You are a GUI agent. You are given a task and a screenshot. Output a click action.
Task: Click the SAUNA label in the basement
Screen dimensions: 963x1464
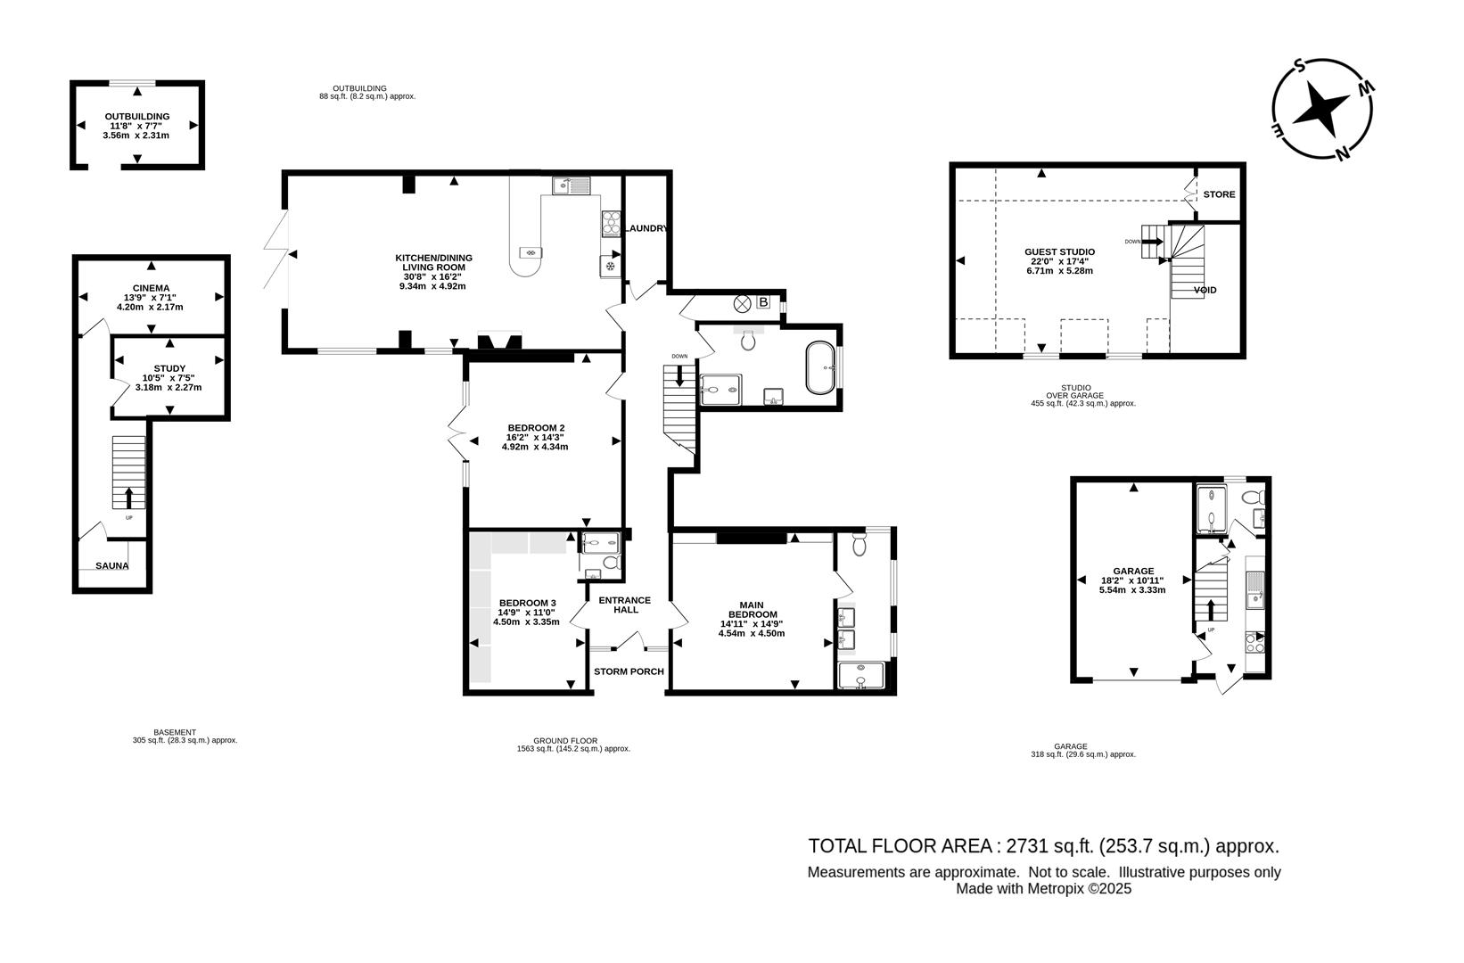[x=112, y=565]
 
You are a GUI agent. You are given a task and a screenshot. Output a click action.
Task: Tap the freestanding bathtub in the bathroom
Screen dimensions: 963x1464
[x=821, y=366]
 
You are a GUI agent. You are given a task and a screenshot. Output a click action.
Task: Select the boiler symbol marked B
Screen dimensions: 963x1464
[x=763, y=302]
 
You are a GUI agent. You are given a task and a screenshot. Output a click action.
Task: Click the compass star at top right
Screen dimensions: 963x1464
[x=1321, y=110]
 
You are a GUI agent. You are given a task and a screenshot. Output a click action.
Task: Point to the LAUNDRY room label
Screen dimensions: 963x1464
[x=646, y=228]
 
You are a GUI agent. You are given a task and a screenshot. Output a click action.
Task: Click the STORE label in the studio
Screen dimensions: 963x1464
[x=1219, y=194]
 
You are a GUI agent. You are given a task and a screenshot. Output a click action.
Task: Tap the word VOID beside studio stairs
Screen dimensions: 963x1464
[x=1205, y=290]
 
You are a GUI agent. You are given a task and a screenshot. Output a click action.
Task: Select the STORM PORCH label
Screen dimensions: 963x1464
[x=629, y=671]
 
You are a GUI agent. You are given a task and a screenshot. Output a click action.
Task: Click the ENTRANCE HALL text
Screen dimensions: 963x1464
[x=624, y=605]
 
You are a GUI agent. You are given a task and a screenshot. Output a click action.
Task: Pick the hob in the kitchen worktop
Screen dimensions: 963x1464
[x=612, y=222]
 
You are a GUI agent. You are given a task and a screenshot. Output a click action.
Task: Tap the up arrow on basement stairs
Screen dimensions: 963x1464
[x=128, y=496]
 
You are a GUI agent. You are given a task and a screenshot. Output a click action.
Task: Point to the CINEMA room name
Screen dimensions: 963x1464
[x=151, y=287]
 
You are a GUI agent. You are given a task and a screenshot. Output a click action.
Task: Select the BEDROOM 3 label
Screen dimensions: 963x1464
[x=527, y=603]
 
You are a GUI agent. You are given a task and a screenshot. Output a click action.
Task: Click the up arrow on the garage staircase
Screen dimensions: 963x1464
[x=1211, y=611]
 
